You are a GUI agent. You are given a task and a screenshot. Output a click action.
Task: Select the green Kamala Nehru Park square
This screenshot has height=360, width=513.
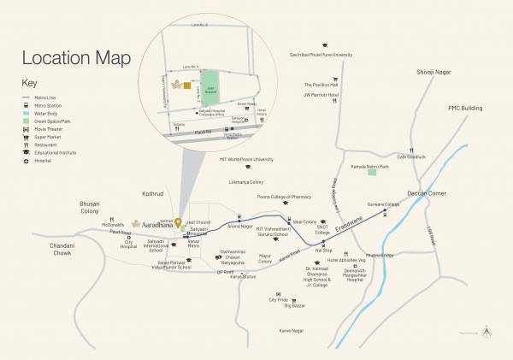372,172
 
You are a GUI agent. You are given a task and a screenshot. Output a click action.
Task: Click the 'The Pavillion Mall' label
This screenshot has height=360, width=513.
322,86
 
